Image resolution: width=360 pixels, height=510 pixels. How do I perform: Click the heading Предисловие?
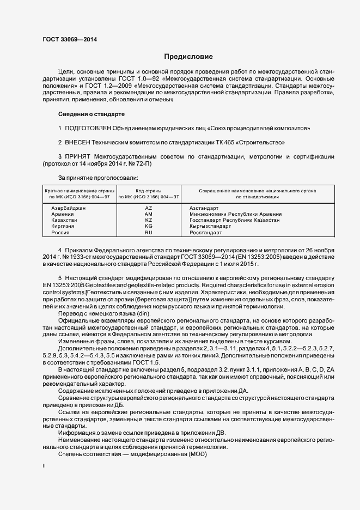tap(188, 57)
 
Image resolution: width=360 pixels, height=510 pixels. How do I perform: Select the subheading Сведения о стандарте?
tap(91, 114)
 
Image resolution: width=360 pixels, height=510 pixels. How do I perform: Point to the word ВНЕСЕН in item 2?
tap(77, 142)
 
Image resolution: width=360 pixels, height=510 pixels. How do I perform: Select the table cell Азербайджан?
tap(68, 208)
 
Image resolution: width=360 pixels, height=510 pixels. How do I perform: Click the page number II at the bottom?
tap(44, 467)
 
